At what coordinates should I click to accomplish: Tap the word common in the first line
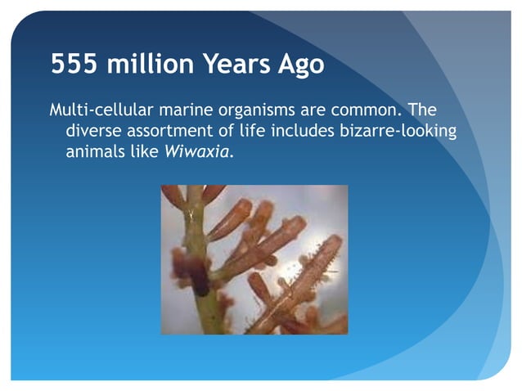tap(353, 110)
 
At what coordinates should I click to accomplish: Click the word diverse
tap(91, 131)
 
